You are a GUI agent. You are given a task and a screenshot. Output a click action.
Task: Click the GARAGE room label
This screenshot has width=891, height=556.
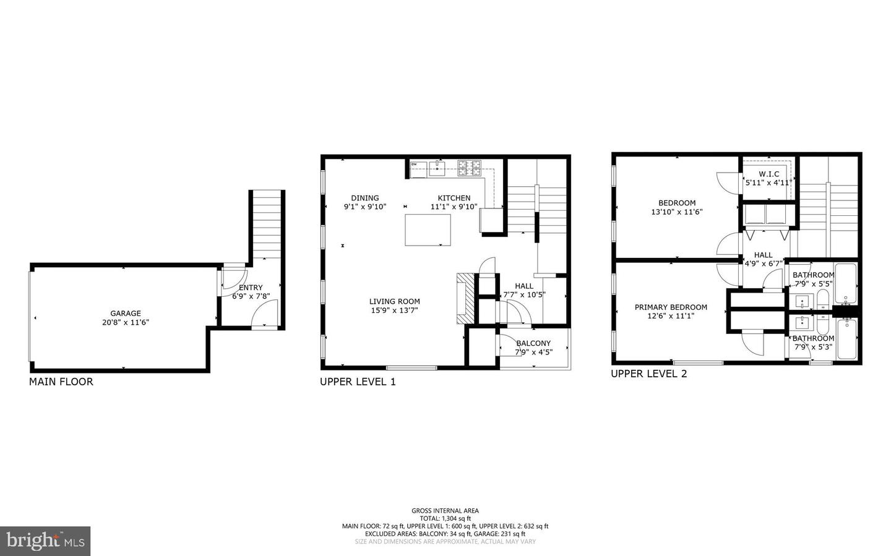(x=126, y=314)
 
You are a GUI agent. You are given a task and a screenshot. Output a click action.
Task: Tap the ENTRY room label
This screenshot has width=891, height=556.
(x=251, y=288)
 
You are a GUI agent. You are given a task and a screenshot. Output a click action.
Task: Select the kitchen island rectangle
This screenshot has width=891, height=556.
(x=428, y=229)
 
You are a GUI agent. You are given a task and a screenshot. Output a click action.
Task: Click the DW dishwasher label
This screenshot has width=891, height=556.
(x=414, y=165)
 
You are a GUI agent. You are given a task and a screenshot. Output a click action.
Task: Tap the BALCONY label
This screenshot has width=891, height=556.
(x=533, y=343)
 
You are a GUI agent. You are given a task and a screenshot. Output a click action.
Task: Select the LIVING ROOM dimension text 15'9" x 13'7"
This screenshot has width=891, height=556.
(x=395, y=310)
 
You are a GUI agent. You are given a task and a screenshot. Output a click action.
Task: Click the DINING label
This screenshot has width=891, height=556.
(x=365, y=198)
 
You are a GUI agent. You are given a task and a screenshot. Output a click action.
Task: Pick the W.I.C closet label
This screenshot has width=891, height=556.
(x=768, y=174)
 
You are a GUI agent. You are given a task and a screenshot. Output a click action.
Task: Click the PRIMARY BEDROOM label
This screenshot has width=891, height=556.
(x=671, y=307)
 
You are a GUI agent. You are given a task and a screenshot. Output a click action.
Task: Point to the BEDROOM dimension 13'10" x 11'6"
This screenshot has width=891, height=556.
(x=677, y=212)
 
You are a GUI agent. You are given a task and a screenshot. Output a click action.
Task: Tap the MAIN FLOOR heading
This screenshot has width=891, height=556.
(x=61, y=382)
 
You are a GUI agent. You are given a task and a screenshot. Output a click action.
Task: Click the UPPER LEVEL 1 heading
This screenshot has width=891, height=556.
(x=358, y=382)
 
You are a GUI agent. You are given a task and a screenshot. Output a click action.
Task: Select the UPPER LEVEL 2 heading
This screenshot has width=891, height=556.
(x=648, y=374)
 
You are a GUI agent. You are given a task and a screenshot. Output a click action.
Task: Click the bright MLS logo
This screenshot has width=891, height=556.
(x=45, y=541)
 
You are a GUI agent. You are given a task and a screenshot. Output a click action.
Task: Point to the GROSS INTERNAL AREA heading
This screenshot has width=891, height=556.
(x=445, y=511)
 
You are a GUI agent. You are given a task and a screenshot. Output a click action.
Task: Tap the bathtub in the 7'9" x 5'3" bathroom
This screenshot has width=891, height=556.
(x=846, y=339)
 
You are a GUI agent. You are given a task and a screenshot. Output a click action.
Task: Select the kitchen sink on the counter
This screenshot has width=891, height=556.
(x=437, y=167)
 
